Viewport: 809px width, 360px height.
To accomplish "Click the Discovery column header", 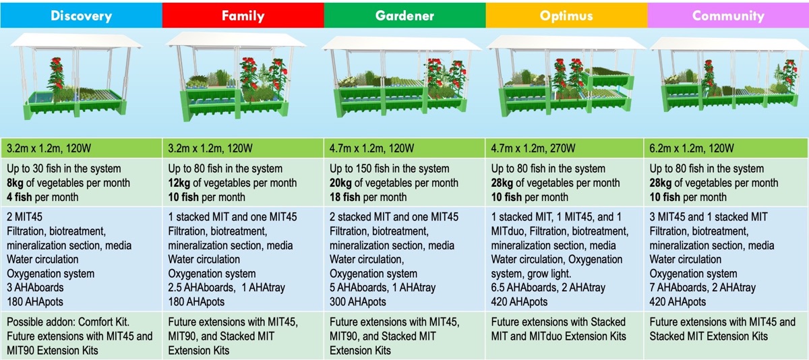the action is tap(82, 16).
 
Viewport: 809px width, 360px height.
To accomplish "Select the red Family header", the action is tap(243, 16).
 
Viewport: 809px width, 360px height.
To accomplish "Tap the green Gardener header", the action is tap(405, 16).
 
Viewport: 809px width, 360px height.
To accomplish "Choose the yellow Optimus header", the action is tap(567, 16).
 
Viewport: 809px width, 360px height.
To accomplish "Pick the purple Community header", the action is tap(728, 16).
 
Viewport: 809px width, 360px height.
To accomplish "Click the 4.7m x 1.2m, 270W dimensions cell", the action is tap(533, 148).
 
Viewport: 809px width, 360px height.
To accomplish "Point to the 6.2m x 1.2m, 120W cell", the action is tap(692, 148).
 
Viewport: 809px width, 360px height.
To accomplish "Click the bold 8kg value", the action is tap(15, 183).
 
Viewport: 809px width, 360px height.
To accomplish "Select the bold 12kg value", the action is tap(179, 183).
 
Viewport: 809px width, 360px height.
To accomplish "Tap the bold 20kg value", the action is tap(340, 183).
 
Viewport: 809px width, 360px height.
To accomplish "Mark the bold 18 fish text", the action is tap(344, 197).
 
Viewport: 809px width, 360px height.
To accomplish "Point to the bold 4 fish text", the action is tap(19, 197).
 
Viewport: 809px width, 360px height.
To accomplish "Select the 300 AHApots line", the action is tap(357, 301).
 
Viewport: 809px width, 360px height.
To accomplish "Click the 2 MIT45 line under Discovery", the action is tap(24, 216).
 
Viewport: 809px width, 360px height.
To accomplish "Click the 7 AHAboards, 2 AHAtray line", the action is tap(702, 287).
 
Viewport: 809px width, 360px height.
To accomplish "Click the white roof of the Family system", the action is tap(236, 40).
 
